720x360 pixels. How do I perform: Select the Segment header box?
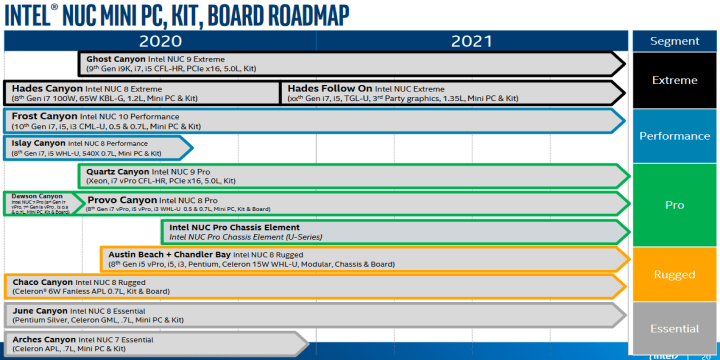674,41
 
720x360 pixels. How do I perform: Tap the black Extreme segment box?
674,80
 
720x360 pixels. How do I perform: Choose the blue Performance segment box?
674,136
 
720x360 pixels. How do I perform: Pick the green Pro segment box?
674,205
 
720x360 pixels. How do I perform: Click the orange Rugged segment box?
674,274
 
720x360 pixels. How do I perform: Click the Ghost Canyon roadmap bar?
350,64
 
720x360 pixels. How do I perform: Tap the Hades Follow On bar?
450,93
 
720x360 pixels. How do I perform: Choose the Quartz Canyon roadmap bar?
350,176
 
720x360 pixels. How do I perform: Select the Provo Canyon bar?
350,204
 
